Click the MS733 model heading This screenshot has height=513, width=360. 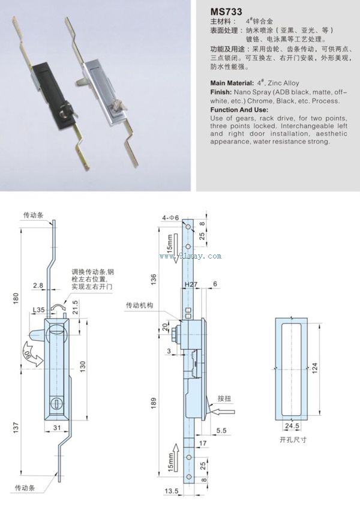[227, 10]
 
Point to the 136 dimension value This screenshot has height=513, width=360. [154, 280]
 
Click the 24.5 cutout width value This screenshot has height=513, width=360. [292, 427]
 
